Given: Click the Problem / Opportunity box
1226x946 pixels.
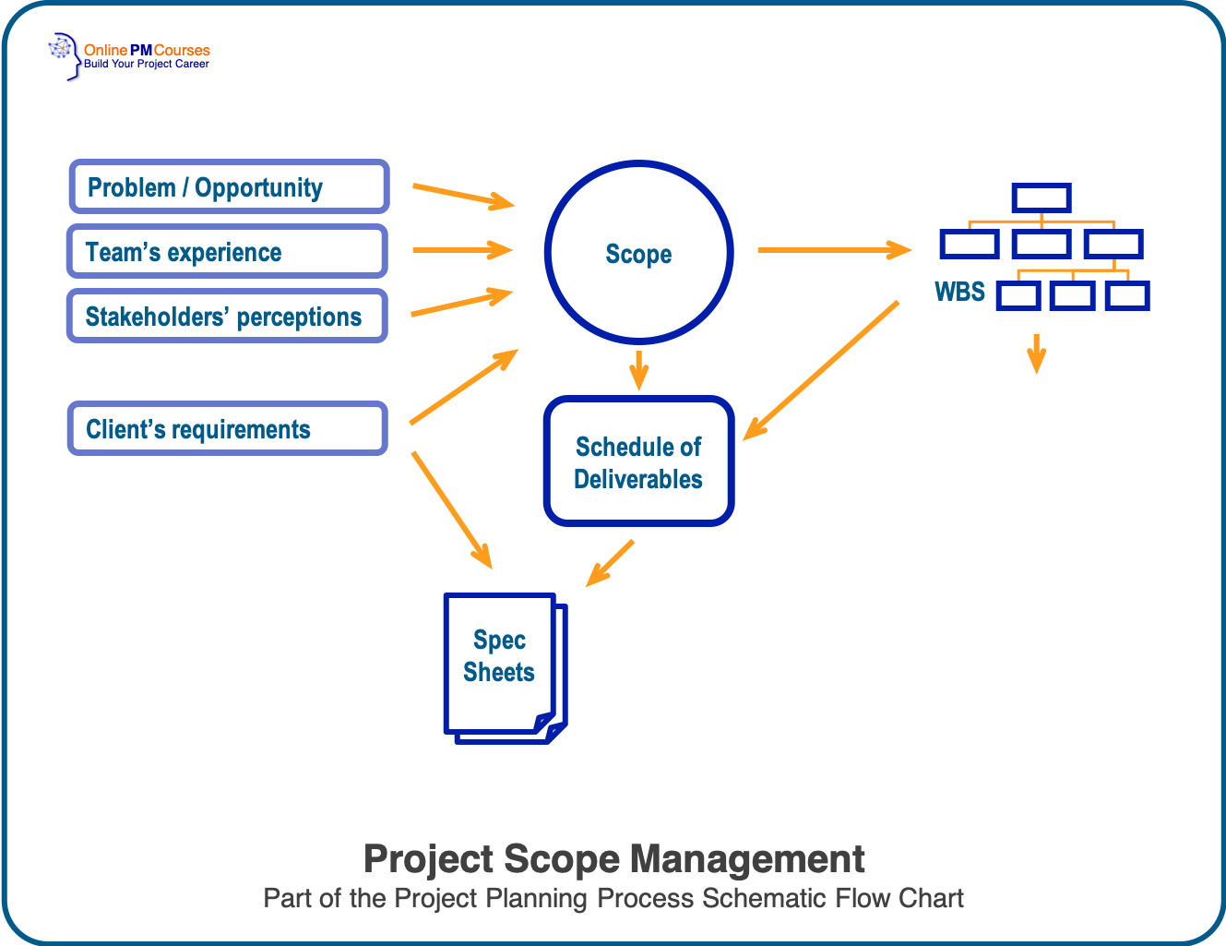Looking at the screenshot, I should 229,186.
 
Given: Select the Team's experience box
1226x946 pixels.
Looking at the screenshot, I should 227,251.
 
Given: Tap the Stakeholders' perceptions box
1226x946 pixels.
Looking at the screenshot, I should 227,316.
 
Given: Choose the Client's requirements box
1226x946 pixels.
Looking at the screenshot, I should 227,428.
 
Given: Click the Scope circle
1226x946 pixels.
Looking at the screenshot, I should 638,252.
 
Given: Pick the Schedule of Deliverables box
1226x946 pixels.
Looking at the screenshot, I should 638,461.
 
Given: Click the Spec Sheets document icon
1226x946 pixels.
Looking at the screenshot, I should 504,666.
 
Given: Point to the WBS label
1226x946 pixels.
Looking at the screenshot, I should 959,292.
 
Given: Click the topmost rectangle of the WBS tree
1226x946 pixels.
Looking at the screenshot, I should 1041,198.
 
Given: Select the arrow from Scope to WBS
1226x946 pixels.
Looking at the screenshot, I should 833,249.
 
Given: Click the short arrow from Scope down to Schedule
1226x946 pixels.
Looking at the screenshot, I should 638,369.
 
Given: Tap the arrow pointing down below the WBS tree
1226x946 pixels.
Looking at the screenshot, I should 1037,353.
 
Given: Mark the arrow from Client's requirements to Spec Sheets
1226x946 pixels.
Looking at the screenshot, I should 451,509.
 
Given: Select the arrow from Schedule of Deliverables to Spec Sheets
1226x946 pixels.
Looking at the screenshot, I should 611,562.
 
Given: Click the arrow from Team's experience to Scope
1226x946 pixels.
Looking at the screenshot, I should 461,249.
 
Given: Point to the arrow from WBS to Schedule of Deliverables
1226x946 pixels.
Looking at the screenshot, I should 821,369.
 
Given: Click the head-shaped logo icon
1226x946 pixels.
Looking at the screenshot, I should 64,54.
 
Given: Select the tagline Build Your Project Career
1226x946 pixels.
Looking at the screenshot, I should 147,65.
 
